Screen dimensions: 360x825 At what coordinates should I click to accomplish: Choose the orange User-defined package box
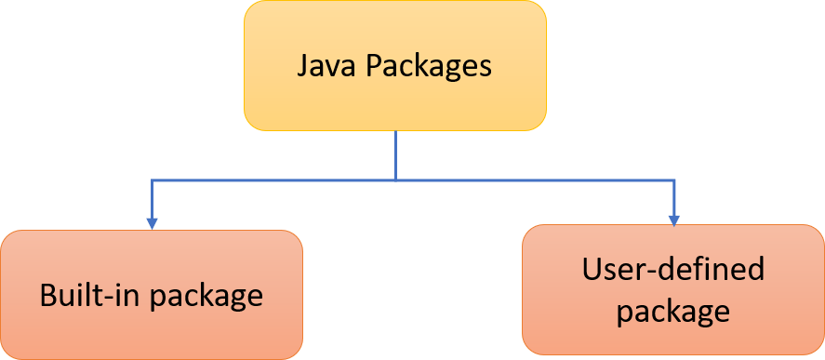pos(672,290)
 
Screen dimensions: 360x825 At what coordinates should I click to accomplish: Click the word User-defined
pos(672,269)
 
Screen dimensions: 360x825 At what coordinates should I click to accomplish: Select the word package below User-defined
pos(672,311)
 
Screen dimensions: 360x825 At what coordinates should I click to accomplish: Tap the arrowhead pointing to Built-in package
pos(152,222)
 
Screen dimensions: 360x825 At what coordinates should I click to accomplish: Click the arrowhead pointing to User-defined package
pos(672,218)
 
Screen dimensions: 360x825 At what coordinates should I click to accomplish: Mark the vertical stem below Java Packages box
pos(395,153)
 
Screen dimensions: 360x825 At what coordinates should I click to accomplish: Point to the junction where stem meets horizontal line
pos(395,180)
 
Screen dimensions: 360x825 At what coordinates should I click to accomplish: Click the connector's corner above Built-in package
pos(152,180)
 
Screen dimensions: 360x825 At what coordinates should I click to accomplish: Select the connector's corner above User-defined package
pos(672,180)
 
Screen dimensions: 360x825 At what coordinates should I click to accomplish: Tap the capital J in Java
pos(302,67)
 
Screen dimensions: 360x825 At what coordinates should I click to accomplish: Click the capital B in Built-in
pos(47,296)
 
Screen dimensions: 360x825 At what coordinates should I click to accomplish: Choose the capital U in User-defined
pos(592,269)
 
